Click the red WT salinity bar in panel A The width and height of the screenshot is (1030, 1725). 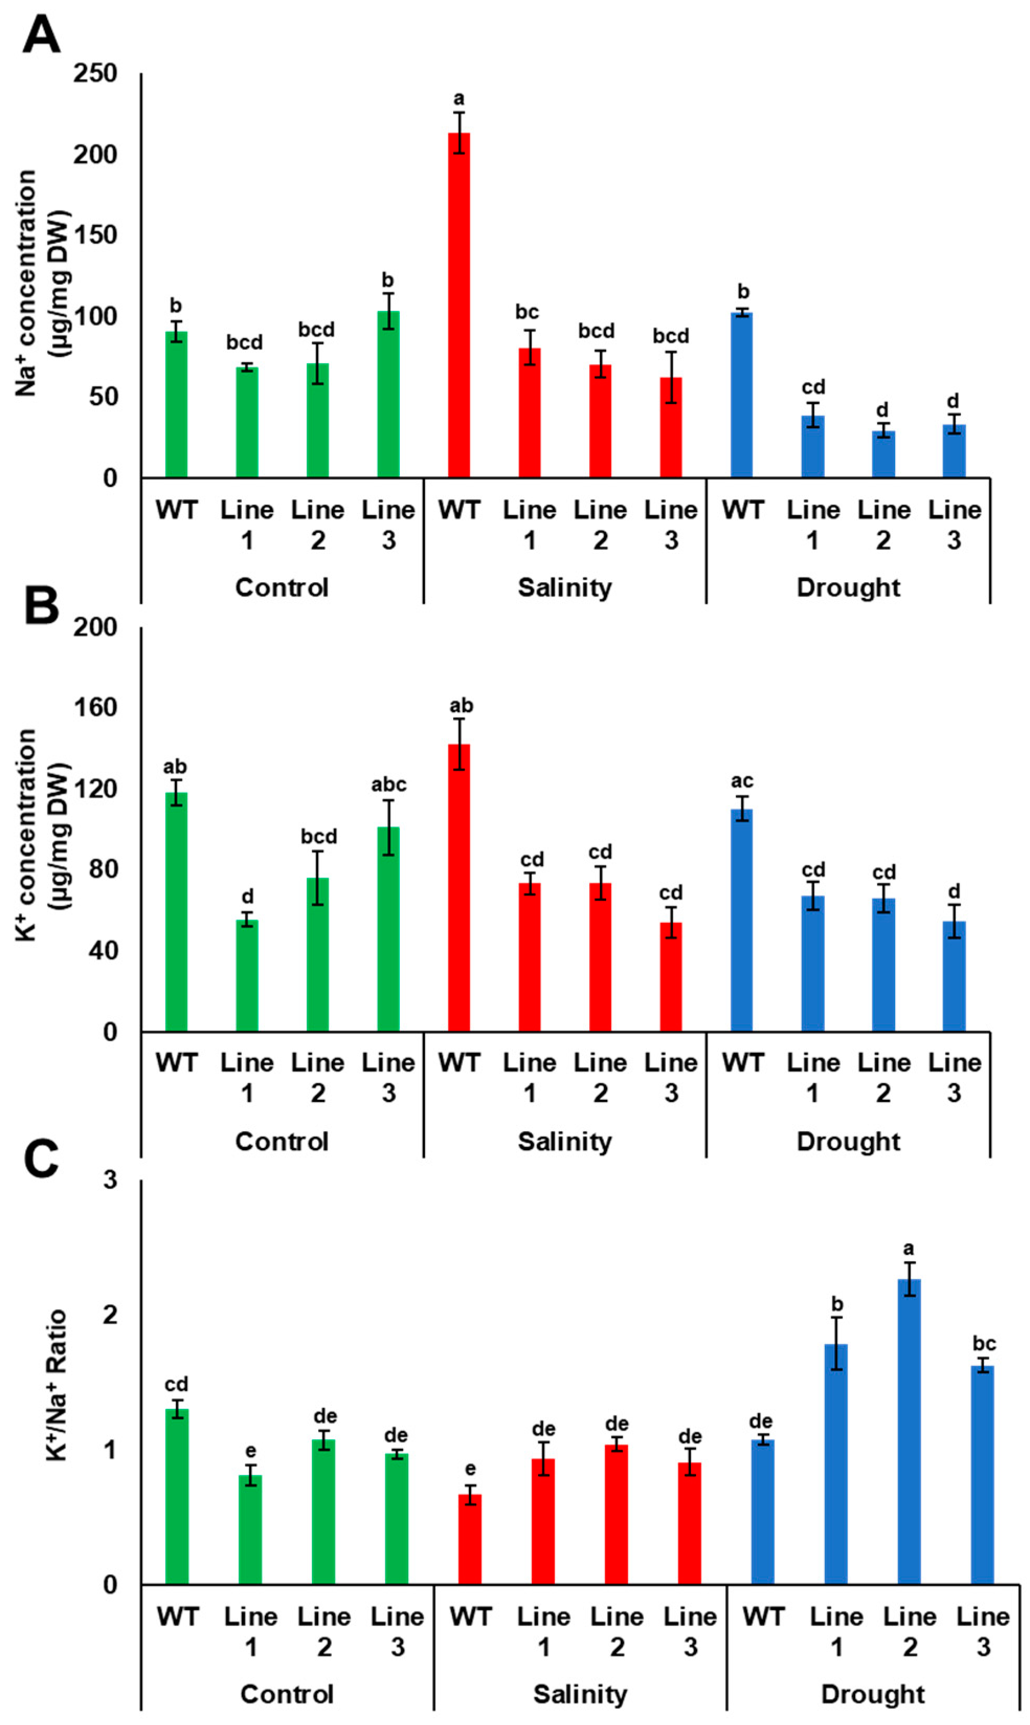[459, 305]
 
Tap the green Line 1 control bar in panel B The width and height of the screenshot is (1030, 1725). [247, 975]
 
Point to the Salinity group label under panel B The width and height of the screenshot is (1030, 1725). [564, 1141]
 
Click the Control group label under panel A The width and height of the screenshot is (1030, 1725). [281, 588]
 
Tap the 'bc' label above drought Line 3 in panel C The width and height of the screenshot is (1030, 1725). [983, 1343]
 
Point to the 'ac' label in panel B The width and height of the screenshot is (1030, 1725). [742, 782]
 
